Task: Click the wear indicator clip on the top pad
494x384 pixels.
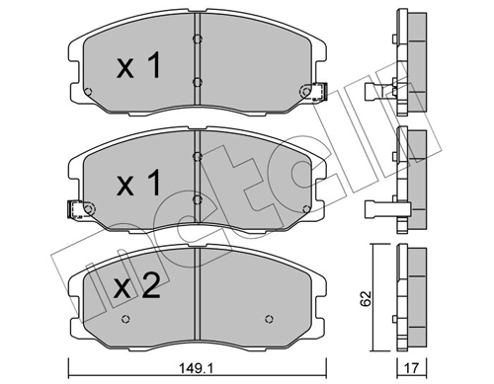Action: pos(318,91)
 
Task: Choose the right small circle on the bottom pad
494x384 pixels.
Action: pos(271,319)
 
